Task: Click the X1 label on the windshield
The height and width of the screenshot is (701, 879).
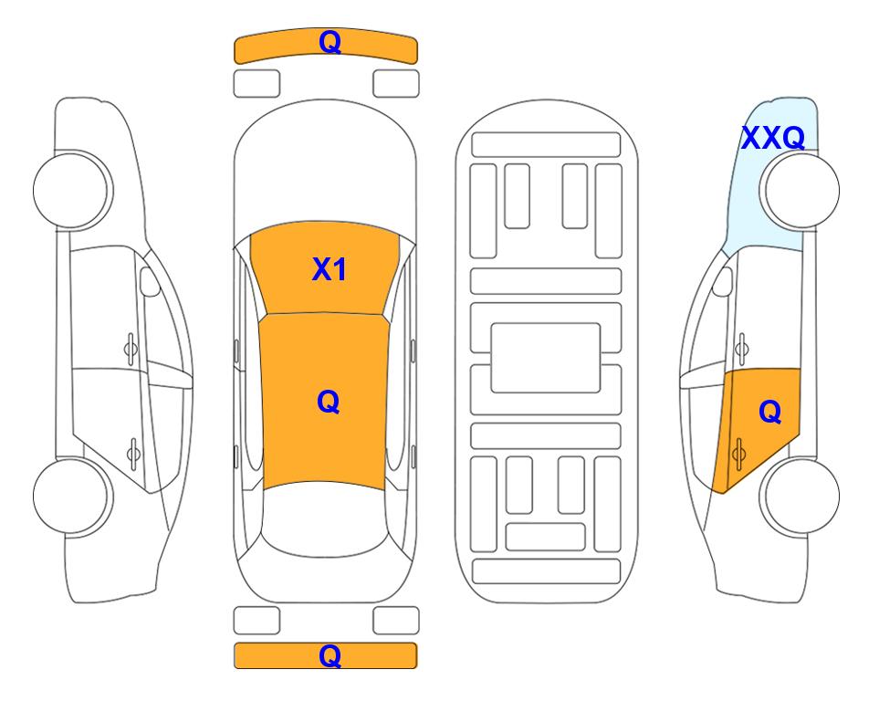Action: [330, 269]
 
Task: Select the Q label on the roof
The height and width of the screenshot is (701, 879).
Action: [329, 402]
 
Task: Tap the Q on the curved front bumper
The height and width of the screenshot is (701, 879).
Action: [330, 41]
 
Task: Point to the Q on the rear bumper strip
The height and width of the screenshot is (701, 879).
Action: [330, 655]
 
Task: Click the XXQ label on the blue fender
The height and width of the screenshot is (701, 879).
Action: [773, 138]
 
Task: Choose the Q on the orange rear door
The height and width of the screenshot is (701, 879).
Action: [770, 412]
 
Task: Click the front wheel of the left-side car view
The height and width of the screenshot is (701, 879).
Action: [72, 190]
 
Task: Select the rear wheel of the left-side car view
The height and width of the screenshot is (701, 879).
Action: [72, 497]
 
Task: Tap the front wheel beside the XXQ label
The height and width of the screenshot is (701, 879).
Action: [800, 191]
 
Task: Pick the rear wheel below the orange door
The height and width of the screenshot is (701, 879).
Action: [800, 496]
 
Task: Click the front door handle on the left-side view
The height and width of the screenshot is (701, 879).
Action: [131, 349]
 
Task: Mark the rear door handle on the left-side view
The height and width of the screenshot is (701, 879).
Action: [133, 453]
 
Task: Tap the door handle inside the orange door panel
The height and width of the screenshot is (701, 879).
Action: [738, 454]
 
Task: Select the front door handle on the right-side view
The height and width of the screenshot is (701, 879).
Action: [742, 349]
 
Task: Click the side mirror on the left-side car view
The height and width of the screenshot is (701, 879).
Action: [150, 281]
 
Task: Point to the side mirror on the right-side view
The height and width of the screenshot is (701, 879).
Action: [722, 281]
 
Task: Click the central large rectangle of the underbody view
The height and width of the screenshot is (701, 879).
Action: [546, 358]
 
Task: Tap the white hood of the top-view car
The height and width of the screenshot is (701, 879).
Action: [325, 168]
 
